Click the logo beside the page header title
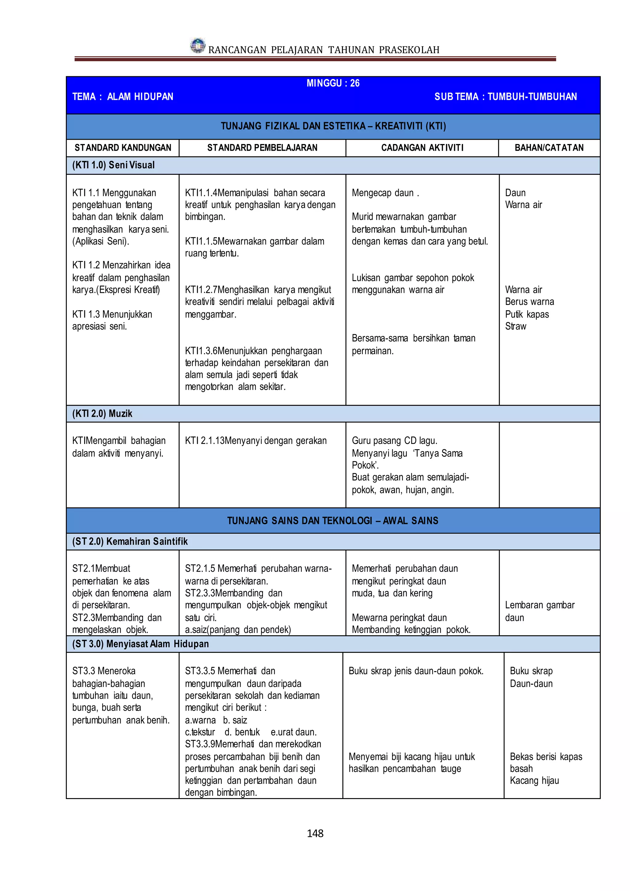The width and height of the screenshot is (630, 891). pos(198,46)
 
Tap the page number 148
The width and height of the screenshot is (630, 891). pos(315,833)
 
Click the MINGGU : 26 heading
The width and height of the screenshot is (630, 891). pos(333,83)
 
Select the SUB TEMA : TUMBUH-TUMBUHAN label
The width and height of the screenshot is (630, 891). pos(505,97)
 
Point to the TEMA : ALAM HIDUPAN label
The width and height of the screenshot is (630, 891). pos(123,97)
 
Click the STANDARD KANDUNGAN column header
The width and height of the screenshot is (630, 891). pos(123,148)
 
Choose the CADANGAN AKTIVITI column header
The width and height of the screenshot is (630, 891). pos(422,148)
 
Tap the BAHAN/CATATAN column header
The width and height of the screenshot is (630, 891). pos(549,148)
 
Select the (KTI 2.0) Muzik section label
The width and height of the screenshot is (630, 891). pos(102,414)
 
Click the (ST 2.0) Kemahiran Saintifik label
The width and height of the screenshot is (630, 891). pos(130,541)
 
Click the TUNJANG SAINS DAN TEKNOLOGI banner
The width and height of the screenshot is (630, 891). pos(333,520)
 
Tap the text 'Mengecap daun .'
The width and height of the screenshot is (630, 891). pos(385,193)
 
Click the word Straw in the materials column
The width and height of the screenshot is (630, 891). pos(516,326)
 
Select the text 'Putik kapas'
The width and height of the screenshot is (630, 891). pos(527,314)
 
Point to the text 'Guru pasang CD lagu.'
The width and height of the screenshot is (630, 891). pos(394,441)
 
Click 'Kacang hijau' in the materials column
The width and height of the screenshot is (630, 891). pos(534,781)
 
